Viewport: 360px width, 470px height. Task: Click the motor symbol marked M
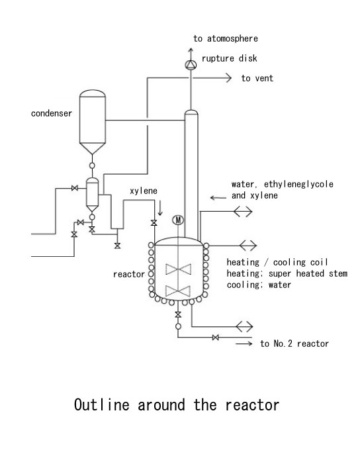point(178,220)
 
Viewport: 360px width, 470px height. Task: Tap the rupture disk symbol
point(191,64)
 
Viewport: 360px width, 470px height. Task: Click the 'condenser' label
point(52,113)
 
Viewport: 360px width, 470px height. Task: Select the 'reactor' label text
point(129,274)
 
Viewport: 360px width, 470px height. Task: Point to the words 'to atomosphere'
point(226,38)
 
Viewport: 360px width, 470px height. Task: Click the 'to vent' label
point(257,78)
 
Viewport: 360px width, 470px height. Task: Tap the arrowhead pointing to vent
point(228,78)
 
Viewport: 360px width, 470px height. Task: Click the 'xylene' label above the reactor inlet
point(144,191)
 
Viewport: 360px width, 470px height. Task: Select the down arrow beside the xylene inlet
point(160,209)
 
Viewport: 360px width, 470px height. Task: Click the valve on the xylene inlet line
point(154,222)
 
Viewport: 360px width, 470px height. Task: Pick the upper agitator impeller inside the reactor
point(179,269)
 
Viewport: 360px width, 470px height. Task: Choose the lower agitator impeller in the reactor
point(179,291)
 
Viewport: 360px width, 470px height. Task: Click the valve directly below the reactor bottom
point(178,314)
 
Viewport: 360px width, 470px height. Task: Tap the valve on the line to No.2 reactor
point(215,338)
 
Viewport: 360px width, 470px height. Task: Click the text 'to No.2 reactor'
point(294,344)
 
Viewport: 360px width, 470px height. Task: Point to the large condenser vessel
point(93,122)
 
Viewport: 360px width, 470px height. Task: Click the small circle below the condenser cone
point(93,165)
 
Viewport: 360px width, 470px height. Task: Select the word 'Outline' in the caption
point(102,404)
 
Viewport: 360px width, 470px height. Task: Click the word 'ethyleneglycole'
point(298,184)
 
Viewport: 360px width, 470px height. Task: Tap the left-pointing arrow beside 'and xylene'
point(218,198)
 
